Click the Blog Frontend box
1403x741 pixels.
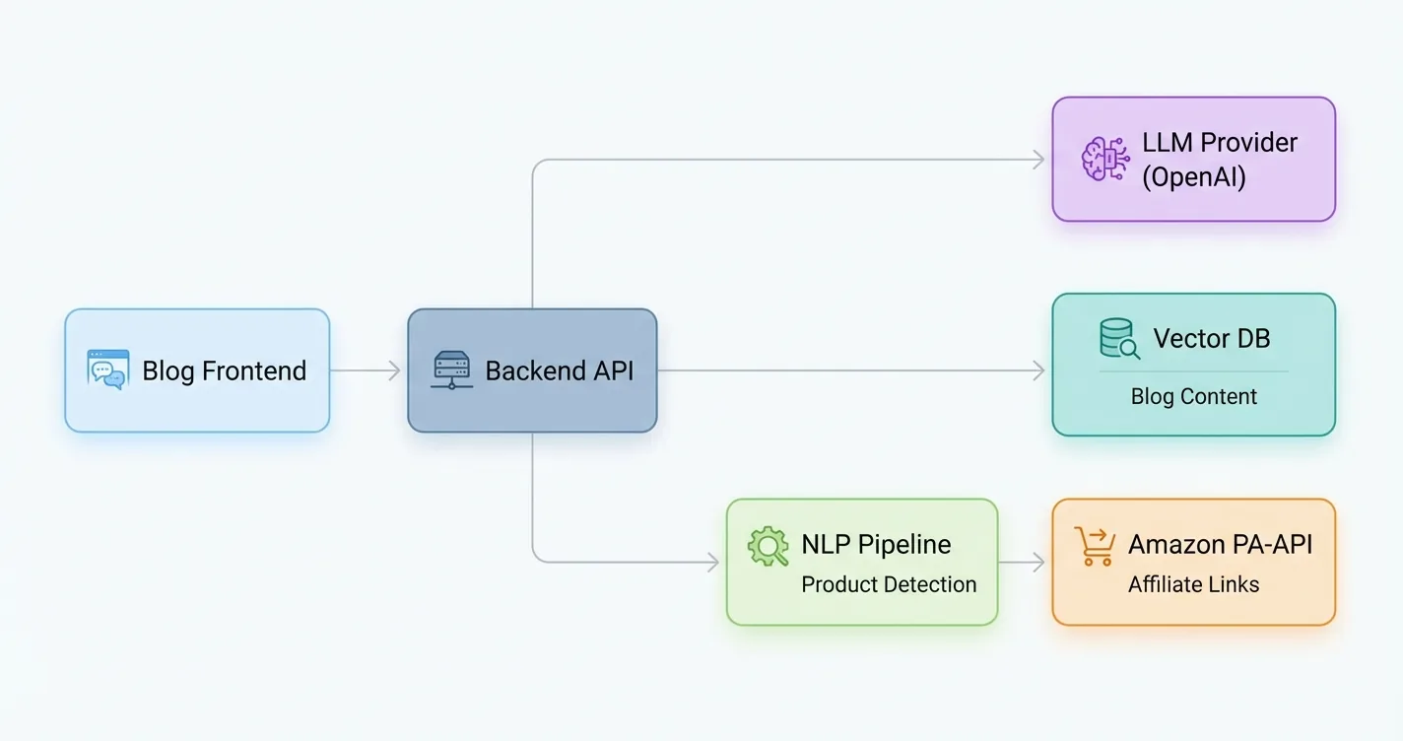(x=197, y=370)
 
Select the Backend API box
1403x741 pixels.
(x=532, y=370)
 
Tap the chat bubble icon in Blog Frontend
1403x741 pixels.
(x=106, y=370)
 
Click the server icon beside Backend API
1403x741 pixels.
(x=452, y=370)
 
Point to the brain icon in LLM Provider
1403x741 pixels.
(x=1104, y=159)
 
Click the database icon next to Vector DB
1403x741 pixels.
(x=1119, y=339)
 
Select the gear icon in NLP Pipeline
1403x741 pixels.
(x=768, y=546)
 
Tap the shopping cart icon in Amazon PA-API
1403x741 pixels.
(x=1094, y=546)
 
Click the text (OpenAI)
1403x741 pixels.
(x=1193, y=177)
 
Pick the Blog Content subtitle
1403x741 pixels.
(x=1193, y=397)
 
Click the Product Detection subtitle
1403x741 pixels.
(x=889, y=584)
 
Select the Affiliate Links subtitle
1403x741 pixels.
(x=1193, y=584)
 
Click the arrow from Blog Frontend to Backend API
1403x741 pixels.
(x=365, y=370)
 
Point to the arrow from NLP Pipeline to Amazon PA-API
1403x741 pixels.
(x=1023, y=563)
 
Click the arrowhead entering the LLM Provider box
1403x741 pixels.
(x=1038, y=160)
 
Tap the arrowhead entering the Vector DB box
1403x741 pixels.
(x=1038, y=370)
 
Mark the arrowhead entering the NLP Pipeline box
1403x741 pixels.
(x=712, y=563)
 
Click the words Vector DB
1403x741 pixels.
(x=1211, y=339)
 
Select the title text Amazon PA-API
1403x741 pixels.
(x=1220, y=545)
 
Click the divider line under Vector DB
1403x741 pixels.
(x=1193, y=371)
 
